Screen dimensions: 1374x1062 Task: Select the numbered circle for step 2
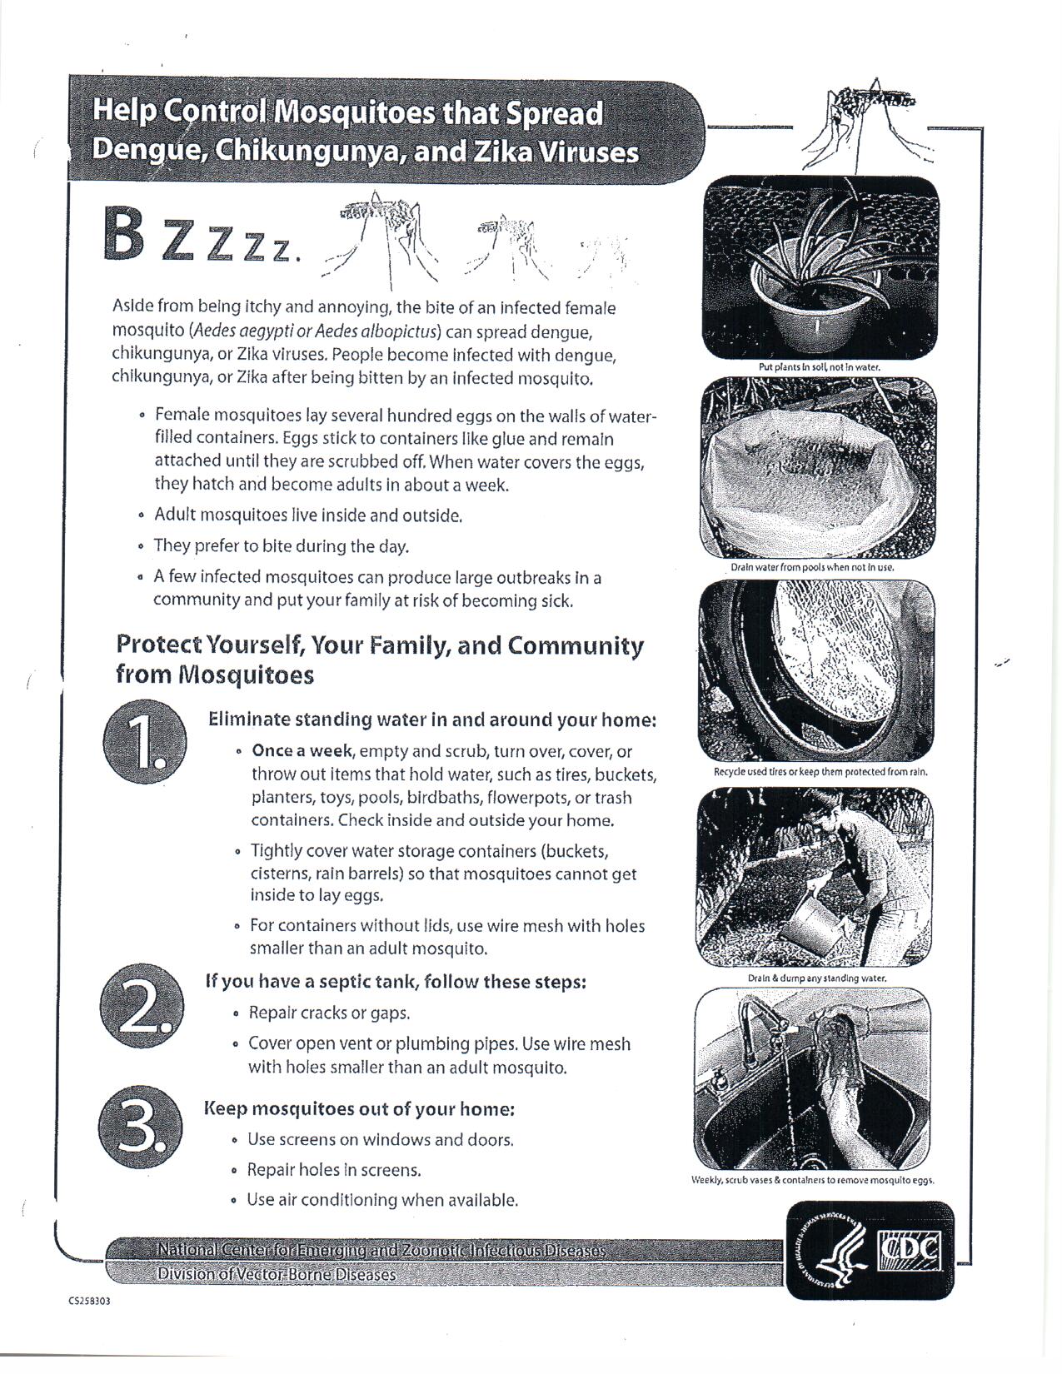click(139, 1008)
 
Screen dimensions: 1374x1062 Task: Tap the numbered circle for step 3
click(139, 1128)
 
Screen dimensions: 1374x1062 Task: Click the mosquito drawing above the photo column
click(866, 117)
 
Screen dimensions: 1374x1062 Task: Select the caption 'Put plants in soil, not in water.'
click(820, 366)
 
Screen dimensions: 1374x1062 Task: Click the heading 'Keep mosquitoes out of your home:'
click(359, 1109)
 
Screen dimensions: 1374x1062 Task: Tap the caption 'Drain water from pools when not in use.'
click(812, 567)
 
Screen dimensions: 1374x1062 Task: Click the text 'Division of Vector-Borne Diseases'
click(277, 1274)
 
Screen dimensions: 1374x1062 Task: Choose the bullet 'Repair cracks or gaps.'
click(329, 1013)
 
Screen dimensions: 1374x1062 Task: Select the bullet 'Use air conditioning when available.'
click(382, 1201)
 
